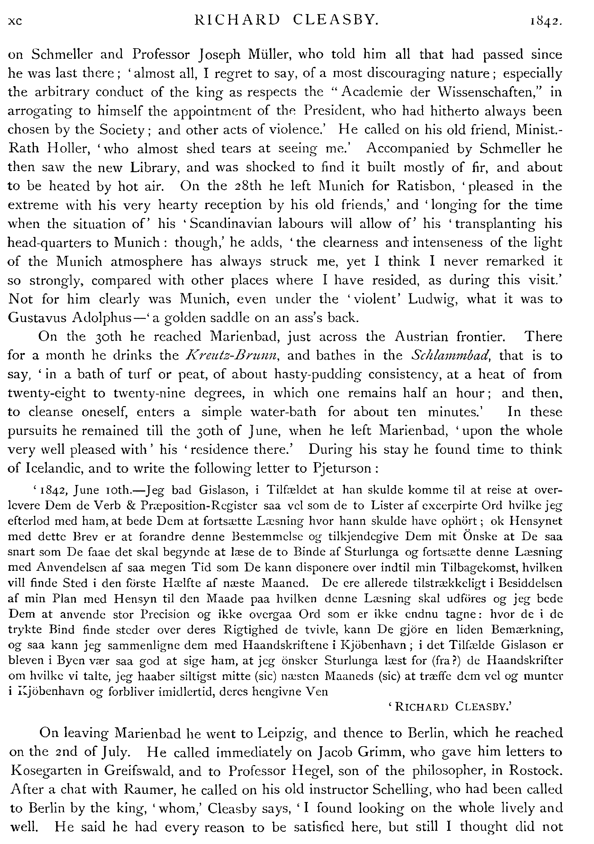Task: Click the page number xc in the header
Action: click(x=15, y=21)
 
